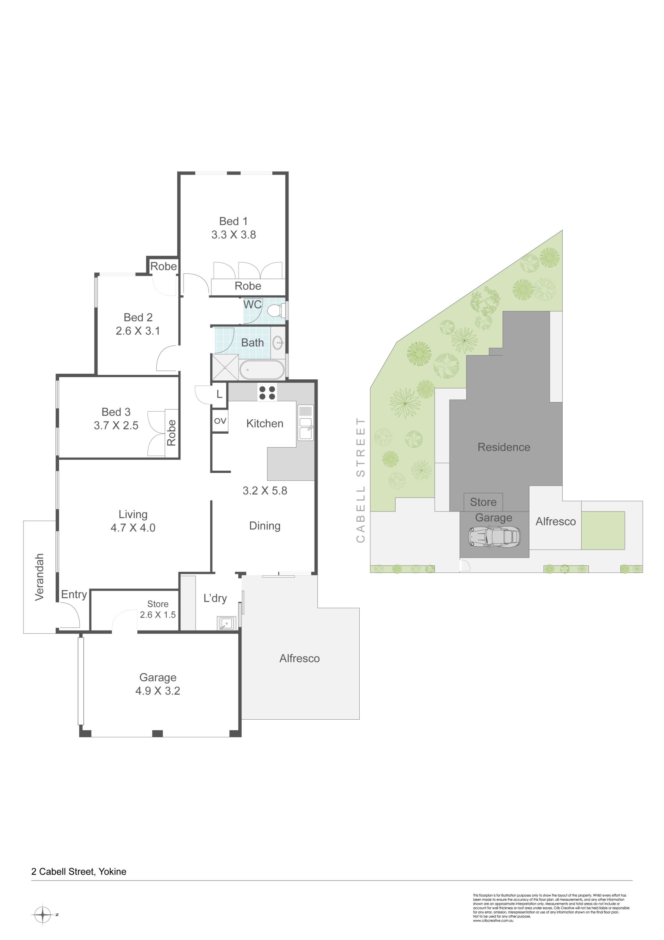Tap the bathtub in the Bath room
(262, 370)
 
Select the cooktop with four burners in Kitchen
(267, 393)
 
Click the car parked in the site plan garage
(494, 536)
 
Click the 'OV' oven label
(220, 420)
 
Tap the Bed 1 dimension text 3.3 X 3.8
(234, 235)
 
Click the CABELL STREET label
(360, 480)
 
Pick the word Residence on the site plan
(504, 447)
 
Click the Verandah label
(39, 577)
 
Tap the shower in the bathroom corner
(225, 367)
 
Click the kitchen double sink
(305, 423)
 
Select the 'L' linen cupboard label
(219, 394)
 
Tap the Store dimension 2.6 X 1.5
(157, 615)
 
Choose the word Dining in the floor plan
(265, 526)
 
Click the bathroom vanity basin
(278, 341)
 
